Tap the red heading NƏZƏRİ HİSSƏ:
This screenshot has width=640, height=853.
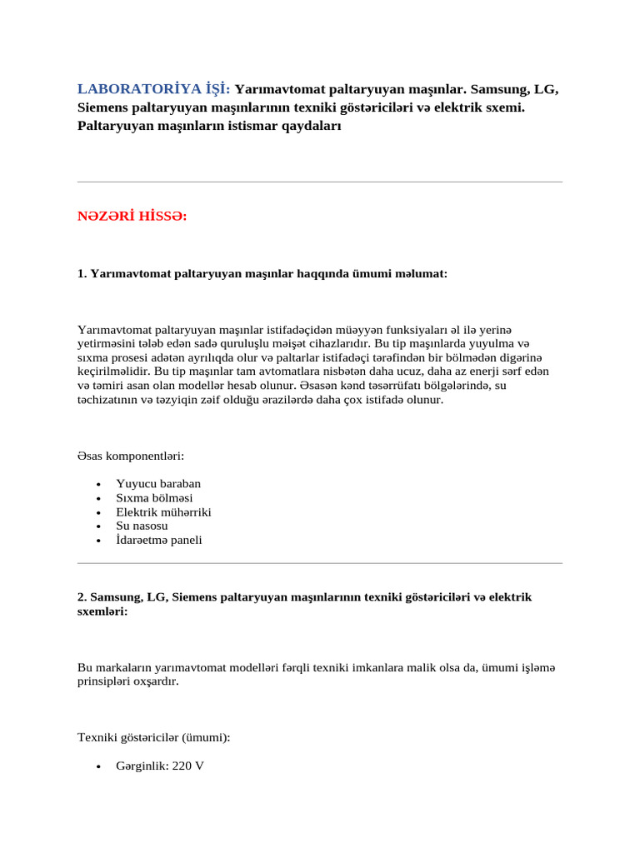point(132,217)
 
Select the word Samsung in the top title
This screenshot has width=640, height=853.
point(494,89)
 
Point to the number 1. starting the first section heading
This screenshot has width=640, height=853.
point(82,273)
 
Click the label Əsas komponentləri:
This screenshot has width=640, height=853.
point(130,456)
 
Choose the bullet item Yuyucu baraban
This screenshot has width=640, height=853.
point(158,484)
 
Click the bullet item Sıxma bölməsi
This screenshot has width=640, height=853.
point(154,498)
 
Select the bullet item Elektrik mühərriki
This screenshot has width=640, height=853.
point(163,512)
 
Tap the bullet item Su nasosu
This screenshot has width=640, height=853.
point(142,526)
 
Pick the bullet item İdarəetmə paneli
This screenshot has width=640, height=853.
point(158,541)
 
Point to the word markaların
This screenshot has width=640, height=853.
point(120,668)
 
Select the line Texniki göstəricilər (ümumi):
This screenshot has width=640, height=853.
point(154,738)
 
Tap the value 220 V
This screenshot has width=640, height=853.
point(187,766)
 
